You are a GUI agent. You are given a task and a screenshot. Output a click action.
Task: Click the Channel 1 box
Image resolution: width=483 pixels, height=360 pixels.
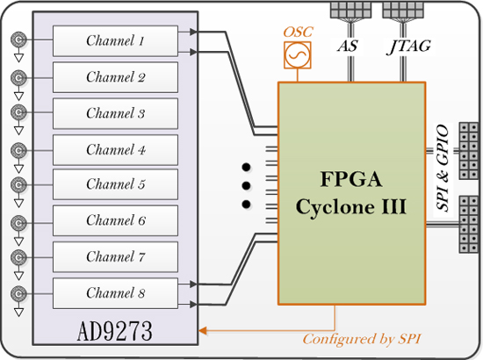tap(115, 41)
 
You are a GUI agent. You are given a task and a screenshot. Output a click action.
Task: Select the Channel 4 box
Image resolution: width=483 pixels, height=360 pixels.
tap(115, 150)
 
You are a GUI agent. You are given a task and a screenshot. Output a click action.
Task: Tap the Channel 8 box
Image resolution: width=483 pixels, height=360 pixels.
tap(115, 293)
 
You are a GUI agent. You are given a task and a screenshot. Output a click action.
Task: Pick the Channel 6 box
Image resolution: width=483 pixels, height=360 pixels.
tap(115, 220)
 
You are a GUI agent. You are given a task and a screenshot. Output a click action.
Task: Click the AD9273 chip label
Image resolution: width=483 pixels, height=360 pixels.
tap(114, 331)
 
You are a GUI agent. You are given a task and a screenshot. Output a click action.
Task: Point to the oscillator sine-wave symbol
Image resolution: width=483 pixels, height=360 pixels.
tap(297, 55)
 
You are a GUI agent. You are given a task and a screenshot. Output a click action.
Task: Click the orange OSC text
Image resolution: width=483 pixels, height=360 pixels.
tap(298, 32)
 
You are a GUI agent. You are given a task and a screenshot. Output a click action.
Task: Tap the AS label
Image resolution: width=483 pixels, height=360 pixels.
tap(348, 47)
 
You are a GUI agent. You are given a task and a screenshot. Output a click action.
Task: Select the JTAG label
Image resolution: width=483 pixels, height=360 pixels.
tap(408, 47)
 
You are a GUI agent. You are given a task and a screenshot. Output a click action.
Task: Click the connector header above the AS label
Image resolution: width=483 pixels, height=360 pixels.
tap(350, 10)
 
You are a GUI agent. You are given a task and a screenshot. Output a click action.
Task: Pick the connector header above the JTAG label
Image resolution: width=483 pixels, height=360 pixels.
tap(403, 10)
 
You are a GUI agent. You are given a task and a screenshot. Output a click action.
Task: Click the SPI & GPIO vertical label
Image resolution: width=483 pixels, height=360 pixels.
tap(443, 168)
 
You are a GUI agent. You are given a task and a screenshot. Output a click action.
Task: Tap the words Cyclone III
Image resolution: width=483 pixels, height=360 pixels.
tap(351, 206)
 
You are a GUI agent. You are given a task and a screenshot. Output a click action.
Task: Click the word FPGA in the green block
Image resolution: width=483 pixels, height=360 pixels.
tap(351, 178)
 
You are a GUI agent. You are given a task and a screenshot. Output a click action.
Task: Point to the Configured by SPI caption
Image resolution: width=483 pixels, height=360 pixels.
tap(362, 339)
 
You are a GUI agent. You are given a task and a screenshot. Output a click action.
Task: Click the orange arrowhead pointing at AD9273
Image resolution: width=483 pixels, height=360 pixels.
tap(203, 331)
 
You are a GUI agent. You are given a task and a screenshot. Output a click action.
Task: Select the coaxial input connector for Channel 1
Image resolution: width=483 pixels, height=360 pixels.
tap(18, 40)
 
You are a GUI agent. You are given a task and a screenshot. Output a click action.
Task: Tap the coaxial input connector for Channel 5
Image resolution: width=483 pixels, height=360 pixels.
tap(18, 184)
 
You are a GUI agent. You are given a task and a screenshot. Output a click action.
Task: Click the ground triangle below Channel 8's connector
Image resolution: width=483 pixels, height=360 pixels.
tap(18, 313)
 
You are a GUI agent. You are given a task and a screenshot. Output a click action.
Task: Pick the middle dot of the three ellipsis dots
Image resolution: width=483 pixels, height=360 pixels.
tap(246, 185)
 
